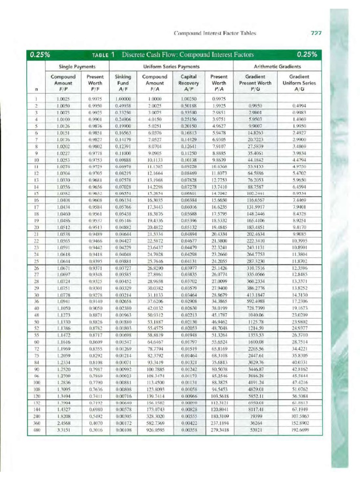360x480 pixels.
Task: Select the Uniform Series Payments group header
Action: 171,67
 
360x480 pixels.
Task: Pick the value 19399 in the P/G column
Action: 255,416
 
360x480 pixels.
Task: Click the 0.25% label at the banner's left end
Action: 41,54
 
